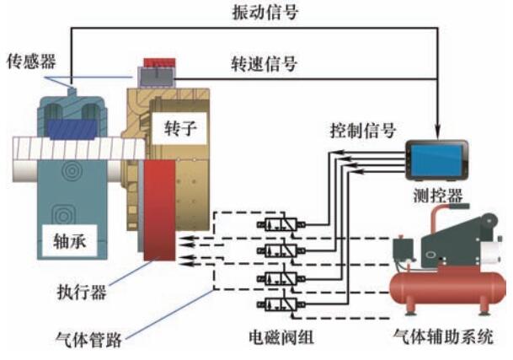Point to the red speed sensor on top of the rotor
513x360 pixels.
[156, 64]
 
